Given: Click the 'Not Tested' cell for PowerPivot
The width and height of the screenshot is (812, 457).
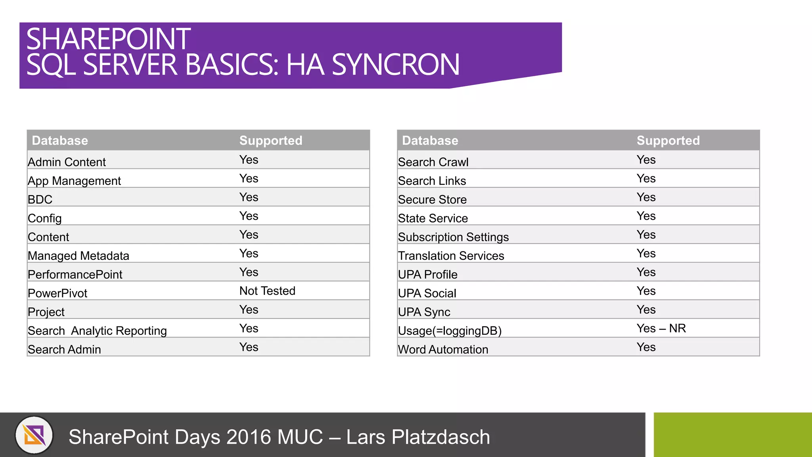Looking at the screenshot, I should [267, 291].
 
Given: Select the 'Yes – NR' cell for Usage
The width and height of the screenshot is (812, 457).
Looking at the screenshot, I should [661, 328].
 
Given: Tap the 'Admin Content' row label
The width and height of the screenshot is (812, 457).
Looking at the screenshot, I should [67, 162].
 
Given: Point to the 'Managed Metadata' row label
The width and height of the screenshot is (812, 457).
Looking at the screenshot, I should [79, 256].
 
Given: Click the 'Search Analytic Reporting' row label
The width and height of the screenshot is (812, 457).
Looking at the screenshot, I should [97, 331].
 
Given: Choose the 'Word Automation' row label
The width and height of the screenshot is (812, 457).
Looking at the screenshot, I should [443, 349].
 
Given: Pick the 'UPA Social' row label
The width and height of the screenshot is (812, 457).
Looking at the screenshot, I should [427, 293].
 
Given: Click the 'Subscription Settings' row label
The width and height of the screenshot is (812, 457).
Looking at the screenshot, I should [453, 237].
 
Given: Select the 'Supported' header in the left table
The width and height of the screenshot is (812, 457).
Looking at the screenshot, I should [271, 140].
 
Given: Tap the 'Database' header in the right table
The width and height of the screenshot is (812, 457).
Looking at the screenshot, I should [430, 140].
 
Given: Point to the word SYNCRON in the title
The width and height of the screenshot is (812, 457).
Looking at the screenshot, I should [395, 65].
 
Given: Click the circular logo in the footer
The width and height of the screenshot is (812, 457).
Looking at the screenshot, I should [34, 435].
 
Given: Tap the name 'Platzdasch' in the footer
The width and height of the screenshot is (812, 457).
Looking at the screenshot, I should [440, 437].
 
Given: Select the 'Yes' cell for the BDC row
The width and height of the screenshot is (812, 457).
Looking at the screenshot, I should [249, 197].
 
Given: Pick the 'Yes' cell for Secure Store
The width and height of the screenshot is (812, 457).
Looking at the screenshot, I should [646, 197].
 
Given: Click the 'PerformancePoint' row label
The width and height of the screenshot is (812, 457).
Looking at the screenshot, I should [75, 275].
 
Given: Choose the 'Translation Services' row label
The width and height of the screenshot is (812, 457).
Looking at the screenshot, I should [451, 256].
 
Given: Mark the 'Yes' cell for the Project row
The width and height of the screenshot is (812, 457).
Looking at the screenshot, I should [249, 309].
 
